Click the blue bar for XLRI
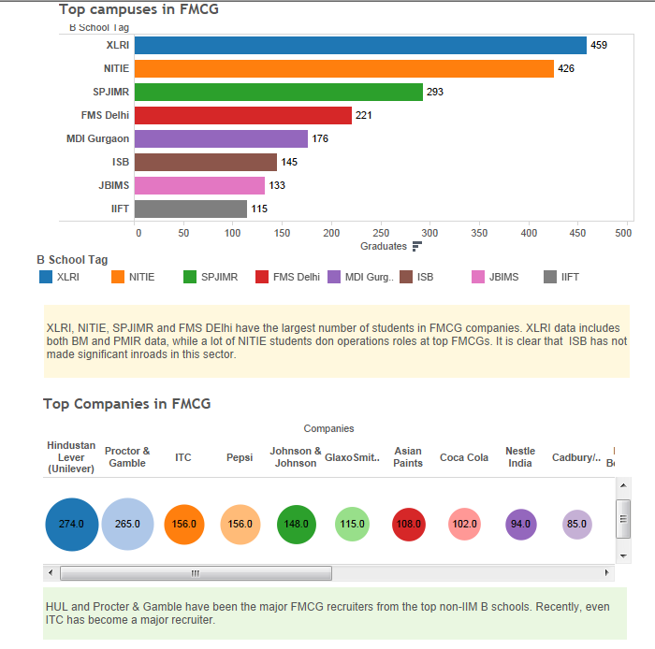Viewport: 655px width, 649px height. point(360,45)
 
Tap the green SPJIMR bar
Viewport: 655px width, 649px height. point(279,92)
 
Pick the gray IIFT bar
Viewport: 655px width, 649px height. point(191,209)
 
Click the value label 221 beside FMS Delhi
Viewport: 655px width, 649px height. point(364,115)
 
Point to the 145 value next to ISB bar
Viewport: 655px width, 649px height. point(289,162)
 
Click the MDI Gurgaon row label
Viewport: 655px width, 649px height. point(97,138)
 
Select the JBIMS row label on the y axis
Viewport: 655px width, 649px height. point(113,185)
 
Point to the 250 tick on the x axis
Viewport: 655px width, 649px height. point(381,233)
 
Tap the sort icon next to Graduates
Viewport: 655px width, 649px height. point(417,246)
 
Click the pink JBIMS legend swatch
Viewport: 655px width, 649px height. point(478,277)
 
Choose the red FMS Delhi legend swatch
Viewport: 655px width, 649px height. point(262,277)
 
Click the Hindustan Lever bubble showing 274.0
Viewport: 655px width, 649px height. point(71,524)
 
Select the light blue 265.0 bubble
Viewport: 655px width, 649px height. point(127,524)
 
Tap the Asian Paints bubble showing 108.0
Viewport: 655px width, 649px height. point(408,524)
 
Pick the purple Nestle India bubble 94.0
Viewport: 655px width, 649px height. point(520,524)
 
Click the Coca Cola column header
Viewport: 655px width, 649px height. point(464,457)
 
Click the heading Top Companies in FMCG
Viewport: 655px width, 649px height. point(126,404)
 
